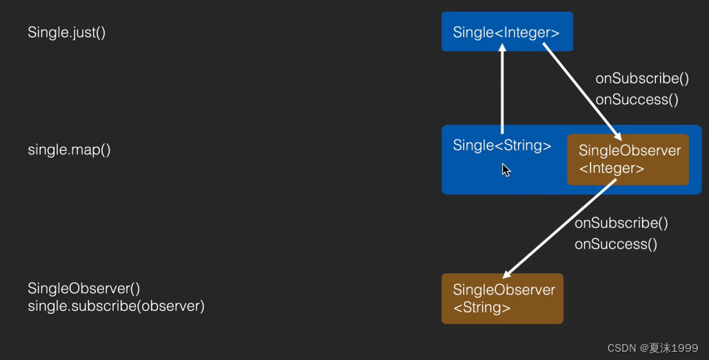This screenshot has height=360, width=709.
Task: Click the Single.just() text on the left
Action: [67, 32]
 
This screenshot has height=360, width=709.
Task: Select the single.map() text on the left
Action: [69, 150]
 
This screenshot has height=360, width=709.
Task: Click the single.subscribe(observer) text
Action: [116, 306]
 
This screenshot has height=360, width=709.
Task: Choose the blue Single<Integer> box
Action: [507, 32]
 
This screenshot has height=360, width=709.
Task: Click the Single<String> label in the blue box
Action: [502, 146]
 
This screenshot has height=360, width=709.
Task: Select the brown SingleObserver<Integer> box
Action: [628, 160]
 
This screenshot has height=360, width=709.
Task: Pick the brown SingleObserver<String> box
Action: [503, 299]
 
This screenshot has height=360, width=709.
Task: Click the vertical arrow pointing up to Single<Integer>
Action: [502, 90]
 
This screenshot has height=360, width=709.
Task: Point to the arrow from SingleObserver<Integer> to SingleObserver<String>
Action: [559, 229]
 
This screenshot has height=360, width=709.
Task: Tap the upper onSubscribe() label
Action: [642, 79]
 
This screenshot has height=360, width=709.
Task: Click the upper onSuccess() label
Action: [637, 99]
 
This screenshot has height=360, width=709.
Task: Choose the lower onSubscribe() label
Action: [621, 223]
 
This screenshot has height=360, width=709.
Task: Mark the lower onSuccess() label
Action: [615, 243]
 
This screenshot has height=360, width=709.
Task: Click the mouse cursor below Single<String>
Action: [506, 170]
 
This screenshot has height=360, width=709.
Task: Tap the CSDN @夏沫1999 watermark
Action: [652, 348]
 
